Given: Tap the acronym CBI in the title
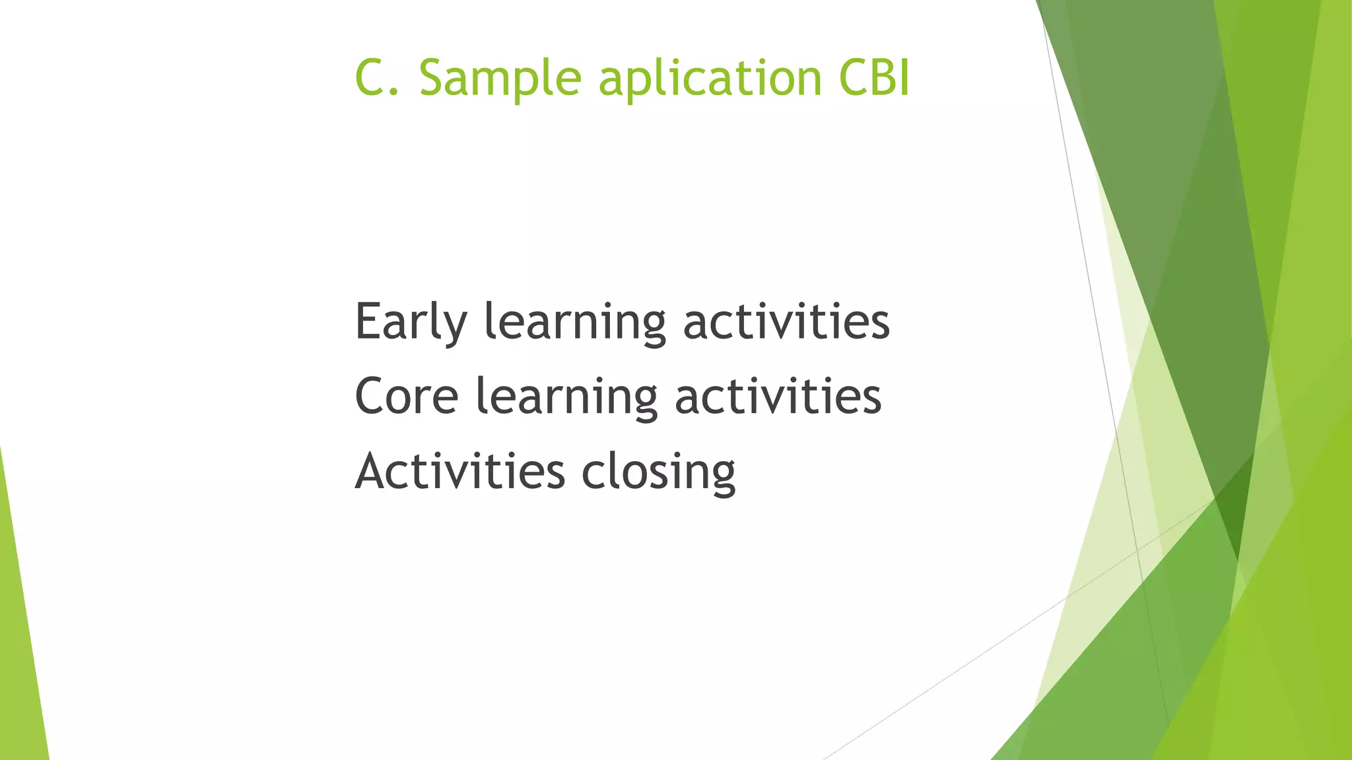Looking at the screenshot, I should coord(874,78).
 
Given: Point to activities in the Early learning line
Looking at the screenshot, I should coord(786,322).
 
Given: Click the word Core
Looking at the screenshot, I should coord(406,397).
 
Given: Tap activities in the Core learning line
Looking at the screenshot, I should coord(778,397).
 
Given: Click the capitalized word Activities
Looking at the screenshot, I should coord(459,472).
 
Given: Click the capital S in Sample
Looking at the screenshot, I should coord(433,78).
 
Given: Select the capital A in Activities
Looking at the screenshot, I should coord(374,472).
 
